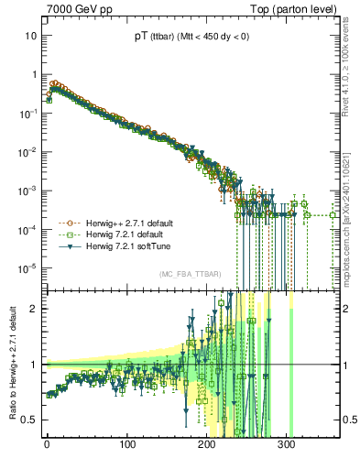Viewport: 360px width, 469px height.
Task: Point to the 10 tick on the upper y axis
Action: (31, 36)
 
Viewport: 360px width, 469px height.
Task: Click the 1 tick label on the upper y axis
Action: (34, 74)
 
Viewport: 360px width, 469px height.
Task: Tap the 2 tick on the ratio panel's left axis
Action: (34, 309)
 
